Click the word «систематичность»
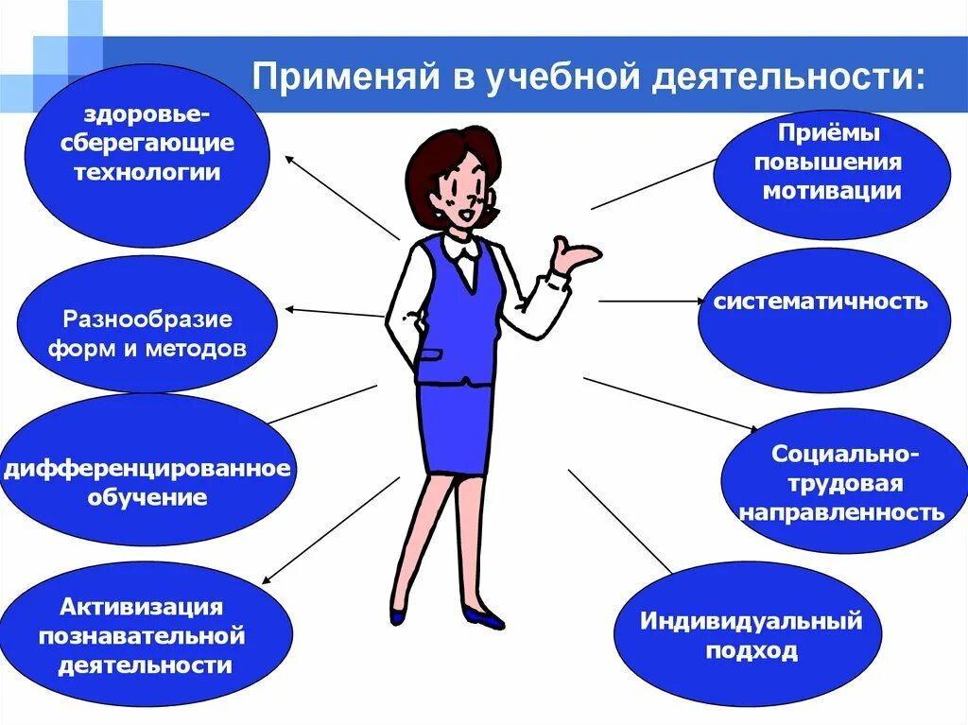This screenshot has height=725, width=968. tap(821, 302)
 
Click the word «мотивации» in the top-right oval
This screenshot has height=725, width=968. tap(832, 190)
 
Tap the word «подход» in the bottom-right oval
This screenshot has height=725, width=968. tap(752, 650)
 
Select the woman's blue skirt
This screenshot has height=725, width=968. tap(456, 425)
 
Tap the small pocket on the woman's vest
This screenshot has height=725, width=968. tap(430, 354)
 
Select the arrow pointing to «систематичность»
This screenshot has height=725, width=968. tap(652, 302)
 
